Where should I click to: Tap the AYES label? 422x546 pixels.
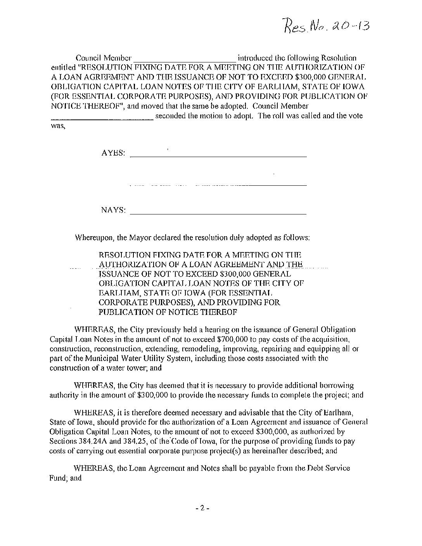[x=113, y=153]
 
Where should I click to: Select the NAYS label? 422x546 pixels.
[x=113, y=210]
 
